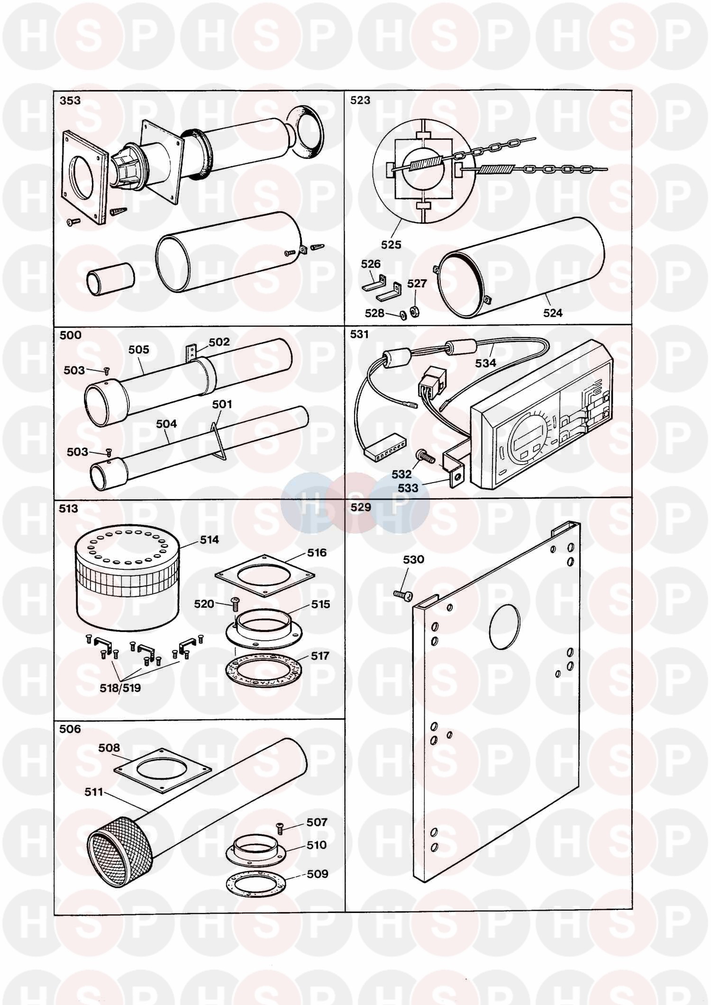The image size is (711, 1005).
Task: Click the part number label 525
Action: (x=391, y=245)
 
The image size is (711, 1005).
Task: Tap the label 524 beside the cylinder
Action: (x=553, y=312)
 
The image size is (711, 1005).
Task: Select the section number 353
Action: (x=70, y=100)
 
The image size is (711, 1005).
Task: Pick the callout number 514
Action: (x=209, y=539)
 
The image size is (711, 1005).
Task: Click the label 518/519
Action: (x=120, y=688)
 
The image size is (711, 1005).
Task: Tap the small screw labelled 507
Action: (x=280, y=827)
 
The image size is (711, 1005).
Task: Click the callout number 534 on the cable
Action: (x=485, y=363)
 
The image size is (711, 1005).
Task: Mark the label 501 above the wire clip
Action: (x=222, y=404)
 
